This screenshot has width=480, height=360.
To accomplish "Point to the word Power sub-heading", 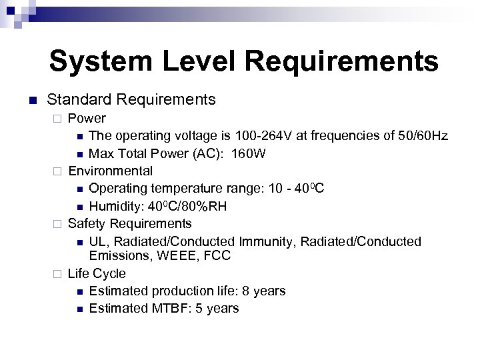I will [x=87, y=119].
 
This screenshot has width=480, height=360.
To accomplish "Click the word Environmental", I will [x=111, y=171].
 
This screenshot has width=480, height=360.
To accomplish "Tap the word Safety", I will [x=87, y=223].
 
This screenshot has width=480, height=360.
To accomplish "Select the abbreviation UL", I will [x=97, y=241].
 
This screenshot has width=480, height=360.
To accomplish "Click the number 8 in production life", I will [x=243, y=291].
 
